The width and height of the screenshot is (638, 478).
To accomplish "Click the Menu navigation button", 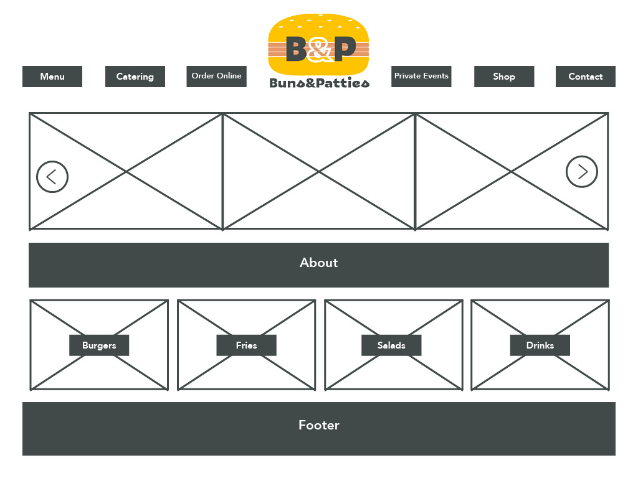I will coord(52,77).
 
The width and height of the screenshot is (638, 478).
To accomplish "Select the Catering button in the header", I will coord(135,77).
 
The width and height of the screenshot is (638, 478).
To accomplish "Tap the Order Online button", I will coord(216,76).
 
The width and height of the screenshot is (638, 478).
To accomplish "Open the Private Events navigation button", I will coord(421,76).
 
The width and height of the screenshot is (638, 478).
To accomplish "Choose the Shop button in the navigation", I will coord(504,77).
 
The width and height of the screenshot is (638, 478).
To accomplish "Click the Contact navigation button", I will coord(585,77).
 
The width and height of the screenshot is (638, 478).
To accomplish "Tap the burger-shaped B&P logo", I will coord(318,44).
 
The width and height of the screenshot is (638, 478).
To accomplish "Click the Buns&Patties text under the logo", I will coord(319,83).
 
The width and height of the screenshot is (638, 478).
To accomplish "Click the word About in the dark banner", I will coord(318,263).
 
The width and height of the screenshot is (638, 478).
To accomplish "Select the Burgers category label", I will coord(99,345).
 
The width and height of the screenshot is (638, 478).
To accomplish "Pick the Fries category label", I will coord(246,345).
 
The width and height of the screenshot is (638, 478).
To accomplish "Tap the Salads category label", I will coord(391,345).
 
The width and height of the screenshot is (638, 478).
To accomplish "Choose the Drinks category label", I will coord(540,345).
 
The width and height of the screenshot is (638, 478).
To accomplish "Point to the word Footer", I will coord(318,426).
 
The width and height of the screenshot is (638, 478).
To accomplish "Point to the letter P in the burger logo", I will coord(345,49).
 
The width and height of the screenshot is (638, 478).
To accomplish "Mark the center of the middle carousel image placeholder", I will coord(318,171).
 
